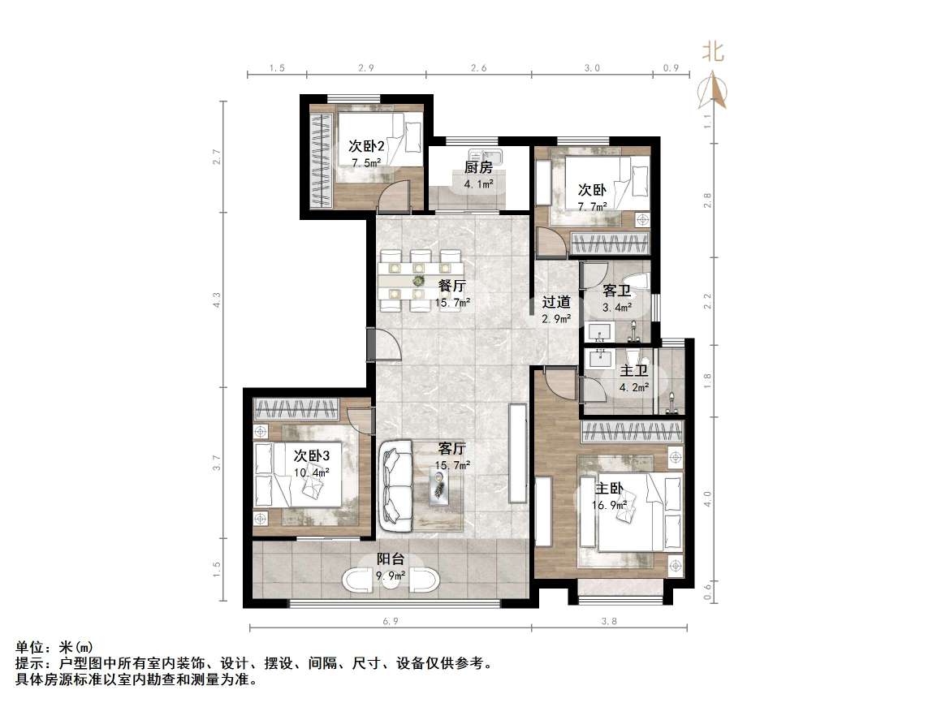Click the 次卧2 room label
pyautogui.click(x=366, y=146)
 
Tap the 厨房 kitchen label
pyautogui.click(x=478, y=168)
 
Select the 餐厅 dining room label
pyautogui.click(x=451, y=286)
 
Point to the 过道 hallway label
pyautogui.click(x=556, y=303)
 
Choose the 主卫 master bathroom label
pyautogui.click(x=634, y=371)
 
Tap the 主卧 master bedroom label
pyautogui.click(x=610, y=489)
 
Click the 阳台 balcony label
pyautogui.click(x=391, y=560)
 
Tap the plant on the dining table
pyautogui.click(x=419, y=280)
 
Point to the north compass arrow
pyautogui.click(x=714, y=90)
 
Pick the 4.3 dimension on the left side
pyautogui.click(x=217, y=301)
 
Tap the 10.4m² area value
pyautogui.click(x=312, y=472)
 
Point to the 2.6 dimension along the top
pyautogui.click(x=479, y=69)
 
